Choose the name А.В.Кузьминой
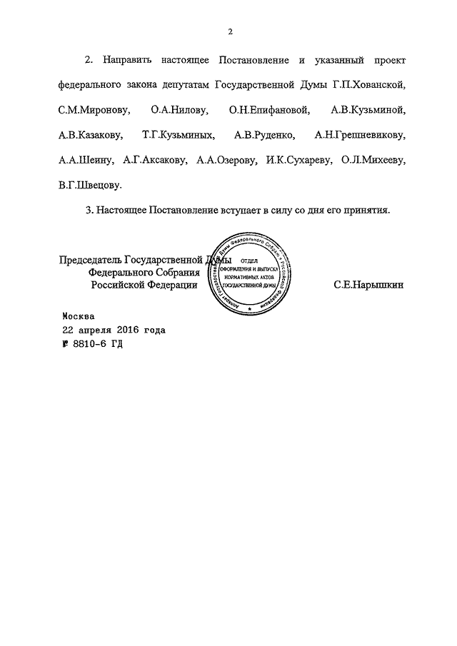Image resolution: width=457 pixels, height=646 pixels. click(368, 109)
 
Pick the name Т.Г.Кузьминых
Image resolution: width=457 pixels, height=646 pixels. click(179, 134)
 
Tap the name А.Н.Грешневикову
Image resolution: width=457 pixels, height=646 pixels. click(358, 134)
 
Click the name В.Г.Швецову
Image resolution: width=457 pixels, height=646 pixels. click(91, 184)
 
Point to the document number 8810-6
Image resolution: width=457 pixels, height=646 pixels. click(89, 343)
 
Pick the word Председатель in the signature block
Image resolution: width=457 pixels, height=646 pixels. click(91, 260)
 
